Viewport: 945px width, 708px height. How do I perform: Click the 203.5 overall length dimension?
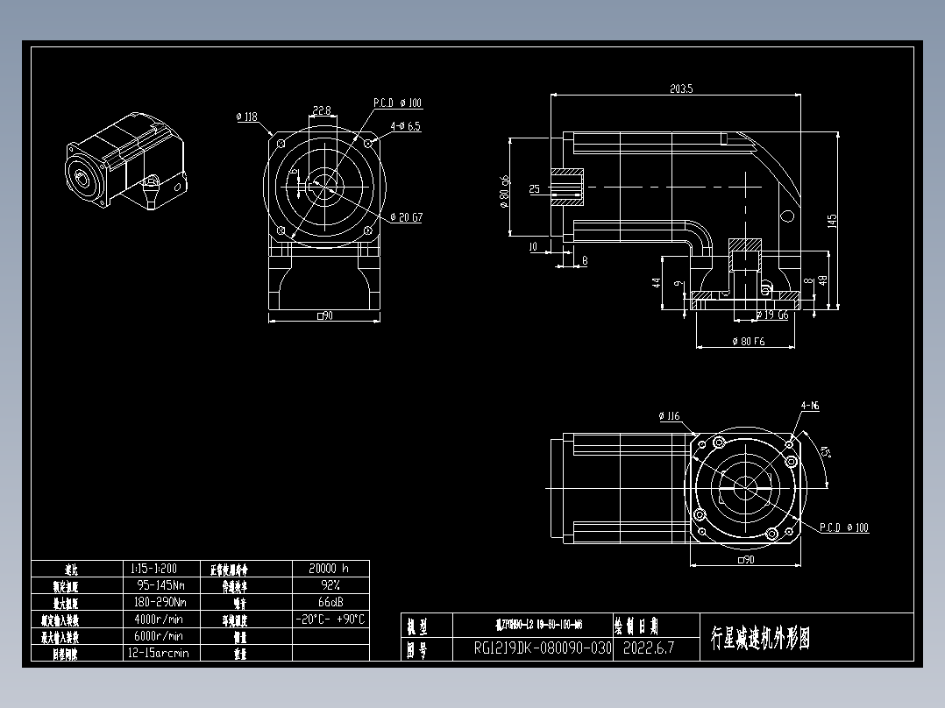click(x=681, y=88)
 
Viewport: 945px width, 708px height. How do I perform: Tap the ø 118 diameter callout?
click(x=246, y=116)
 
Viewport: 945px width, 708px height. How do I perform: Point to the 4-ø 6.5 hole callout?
click(x=403, y=126)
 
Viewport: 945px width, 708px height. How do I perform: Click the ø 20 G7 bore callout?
click(x=406, y=217)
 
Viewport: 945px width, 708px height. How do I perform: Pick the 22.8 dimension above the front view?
click(x=322, y=111)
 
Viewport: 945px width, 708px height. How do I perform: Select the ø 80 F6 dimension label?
click(x=747, y=342)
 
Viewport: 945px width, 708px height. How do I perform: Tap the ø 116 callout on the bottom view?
click(x=669, y=415)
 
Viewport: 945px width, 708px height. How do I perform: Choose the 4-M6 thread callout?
click(x=809, y=406)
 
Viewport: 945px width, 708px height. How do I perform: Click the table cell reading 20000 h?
click(x=329, y=568)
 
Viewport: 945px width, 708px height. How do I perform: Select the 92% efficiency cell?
click(x=329, y=584)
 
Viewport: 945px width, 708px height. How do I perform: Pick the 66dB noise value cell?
click(x=329, y=602)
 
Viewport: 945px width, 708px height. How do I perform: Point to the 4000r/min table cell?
click(x=159, y=619)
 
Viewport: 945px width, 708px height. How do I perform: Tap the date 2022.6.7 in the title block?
click(x=648, y=648)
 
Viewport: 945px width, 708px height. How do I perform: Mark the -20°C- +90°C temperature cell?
click(x=329, y=619)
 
